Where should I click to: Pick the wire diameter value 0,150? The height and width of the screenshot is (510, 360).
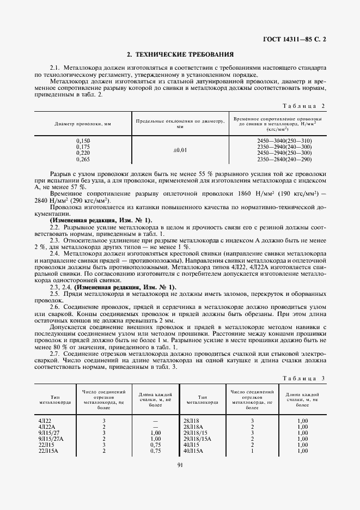point(83,141)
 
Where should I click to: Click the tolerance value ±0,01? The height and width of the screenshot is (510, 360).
point(180,149)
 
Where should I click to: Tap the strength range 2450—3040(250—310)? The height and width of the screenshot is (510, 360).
point(284,141)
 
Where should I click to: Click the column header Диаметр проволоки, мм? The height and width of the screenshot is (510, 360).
point(83,124)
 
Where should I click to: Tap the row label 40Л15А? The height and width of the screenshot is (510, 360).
point(193,451)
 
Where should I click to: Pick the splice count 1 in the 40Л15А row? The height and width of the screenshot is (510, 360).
point(252,451)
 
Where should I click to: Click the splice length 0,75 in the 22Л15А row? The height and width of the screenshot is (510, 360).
point(155,451)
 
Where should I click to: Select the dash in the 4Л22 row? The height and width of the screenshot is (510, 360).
point(155,421)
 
